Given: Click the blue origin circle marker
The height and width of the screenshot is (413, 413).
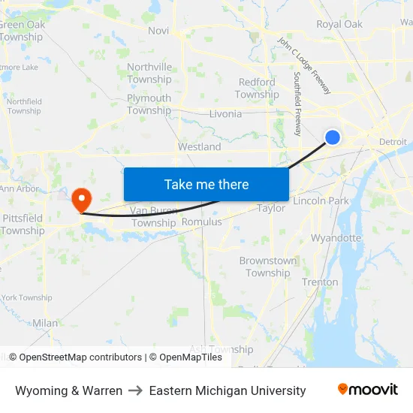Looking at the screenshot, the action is (333, 137).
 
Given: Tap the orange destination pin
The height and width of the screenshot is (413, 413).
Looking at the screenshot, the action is (80, 199).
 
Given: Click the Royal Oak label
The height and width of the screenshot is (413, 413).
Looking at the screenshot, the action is (339, 25).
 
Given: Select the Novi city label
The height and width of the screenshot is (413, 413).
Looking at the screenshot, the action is (158, 31).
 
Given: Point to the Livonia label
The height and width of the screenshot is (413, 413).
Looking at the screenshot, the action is (225, 114).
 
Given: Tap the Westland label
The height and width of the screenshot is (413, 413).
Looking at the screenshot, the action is (199, 147).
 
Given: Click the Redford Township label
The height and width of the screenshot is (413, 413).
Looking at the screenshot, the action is (257, 89).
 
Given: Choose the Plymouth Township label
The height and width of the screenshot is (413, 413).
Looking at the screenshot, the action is (149, 104).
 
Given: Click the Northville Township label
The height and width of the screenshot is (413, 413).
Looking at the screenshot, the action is (149, 73).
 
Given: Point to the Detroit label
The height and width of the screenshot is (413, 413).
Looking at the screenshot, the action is (393, 142).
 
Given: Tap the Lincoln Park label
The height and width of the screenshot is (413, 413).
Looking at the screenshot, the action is (321, 201).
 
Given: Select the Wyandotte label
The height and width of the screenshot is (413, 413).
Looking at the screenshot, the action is (336, 238).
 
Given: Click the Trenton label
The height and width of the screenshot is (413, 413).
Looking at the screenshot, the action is (320, 282).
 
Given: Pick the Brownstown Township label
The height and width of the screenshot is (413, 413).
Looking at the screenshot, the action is (267, 267).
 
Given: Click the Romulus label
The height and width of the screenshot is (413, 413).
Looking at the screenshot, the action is (202, 222).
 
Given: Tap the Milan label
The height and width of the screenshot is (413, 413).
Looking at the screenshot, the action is (45, 323).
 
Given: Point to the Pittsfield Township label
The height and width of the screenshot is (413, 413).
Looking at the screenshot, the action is (23, 225).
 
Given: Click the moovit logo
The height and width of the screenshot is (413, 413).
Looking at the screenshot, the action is (367, 390).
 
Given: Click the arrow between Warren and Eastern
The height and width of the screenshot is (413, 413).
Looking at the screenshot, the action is (136, 390).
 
